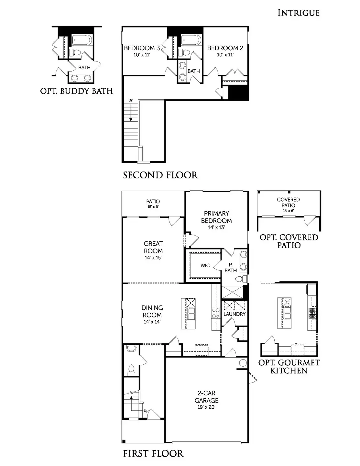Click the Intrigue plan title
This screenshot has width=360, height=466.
298,13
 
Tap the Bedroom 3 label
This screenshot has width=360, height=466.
142,48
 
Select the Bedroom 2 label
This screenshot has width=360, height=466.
225,48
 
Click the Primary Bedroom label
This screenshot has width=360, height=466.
216,217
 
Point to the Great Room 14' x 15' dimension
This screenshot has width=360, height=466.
153,258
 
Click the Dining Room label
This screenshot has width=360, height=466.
152,311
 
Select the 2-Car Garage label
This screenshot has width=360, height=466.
206,397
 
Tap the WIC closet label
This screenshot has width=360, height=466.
205,266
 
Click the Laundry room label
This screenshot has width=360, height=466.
235,314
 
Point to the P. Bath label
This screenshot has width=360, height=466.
231,268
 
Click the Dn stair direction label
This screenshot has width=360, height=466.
131,100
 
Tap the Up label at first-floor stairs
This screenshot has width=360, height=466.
146,411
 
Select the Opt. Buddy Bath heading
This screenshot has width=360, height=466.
76,91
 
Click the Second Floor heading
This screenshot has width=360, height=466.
160,175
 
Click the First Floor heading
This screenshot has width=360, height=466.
153,454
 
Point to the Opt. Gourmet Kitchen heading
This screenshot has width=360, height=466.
289,367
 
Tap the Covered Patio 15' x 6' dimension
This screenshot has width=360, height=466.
288,211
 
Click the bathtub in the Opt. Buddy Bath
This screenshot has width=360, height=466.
82,40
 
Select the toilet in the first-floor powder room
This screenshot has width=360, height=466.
131,369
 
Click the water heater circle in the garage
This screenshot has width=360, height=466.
243,363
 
